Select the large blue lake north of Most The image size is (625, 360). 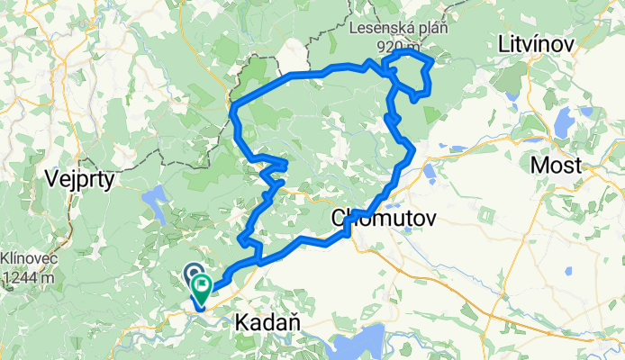pos(565,121)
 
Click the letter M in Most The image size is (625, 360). pos(539,165)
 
